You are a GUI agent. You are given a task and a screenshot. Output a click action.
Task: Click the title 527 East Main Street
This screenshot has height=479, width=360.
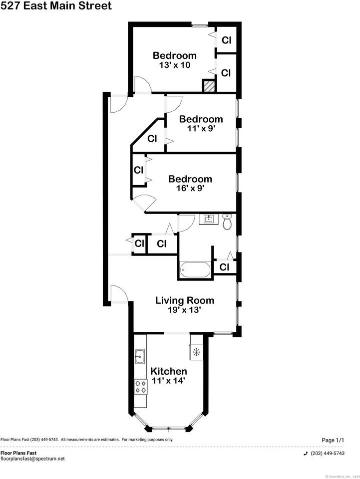[56, 6]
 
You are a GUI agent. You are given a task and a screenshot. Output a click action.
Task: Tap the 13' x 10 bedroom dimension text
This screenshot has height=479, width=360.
[174, 65]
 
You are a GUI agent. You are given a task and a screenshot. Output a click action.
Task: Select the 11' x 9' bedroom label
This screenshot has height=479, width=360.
[201, 119]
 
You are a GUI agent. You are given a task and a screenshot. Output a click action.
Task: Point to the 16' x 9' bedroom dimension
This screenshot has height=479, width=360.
[190, 189]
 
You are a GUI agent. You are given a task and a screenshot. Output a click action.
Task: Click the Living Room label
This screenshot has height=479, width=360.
[185, 300]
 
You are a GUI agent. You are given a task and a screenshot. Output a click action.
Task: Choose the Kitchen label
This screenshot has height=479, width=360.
[169, 371]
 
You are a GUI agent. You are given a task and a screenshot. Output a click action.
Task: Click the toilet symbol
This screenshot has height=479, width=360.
[227, 222]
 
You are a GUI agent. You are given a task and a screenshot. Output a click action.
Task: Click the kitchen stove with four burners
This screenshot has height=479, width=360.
[140, 385]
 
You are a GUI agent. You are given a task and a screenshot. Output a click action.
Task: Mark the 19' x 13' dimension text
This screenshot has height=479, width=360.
[185, 310]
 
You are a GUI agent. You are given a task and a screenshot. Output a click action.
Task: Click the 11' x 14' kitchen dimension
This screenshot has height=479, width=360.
[169, 381]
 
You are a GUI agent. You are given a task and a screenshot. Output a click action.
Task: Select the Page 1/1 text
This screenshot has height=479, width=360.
[333, 440]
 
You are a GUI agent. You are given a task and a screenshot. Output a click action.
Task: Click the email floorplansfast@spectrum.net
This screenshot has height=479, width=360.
[32, 459]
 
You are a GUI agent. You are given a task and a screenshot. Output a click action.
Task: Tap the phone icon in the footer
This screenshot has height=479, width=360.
[306, 453]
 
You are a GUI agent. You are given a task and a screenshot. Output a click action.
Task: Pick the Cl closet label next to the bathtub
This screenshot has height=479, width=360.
[224, 267]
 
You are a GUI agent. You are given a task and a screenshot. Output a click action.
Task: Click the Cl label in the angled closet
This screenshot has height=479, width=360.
[152, 138]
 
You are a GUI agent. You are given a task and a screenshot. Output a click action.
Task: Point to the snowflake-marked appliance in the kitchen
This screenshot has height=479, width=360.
[196, 352]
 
